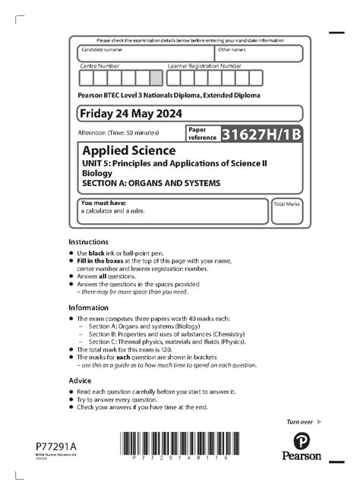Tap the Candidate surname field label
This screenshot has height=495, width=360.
pyautogui.click(x=102, y=49)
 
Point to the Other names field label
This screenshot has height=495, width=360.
pyautogui.click(x=232, y=49)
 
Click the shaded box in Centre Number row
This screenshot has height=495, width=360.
pyautogui.click(x=156, y=77)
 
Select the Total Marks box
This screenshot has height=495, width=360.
pyautogui.click(x=287, y=213)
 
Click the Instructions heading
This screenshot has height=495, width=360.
pyautogui.click(x=88, y=240)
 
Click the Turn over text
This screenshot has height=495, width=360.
pyautogui.click(x=298, y=421)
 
